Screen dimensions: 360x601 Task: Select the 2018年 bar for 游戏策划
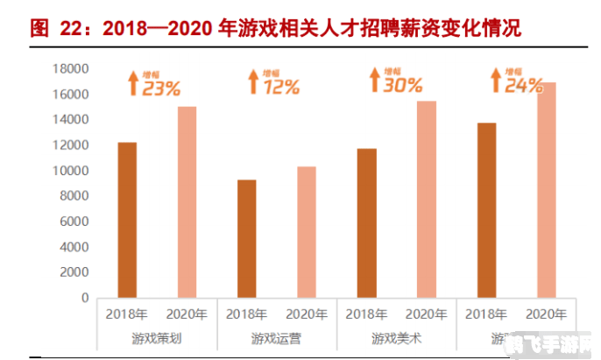(126, 219)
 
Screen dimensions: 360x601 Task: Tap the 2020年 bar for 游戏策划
(187, 201)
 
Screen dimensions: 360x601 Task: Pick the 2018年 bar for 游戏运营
(246, 238)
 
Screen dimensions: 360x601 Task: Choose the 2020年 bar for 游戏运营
(306, 231)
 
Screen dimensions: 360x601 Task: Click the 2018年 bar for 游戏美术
(366, 222)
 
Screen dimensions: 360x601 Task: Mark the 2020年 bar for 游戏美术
(426, 199)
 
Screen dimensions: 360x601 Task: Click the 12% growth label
(282, 86)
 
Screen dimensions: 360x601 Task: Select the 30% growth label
(403, 84)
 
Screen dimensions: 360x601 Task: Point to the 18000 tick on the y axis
(71, 68)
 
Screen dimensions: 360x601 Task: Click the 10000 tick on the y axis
(71, 170)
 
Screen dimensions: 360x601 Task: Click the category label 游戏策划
(156, 336)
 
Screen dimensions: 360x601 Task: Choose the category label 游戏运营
(276, 336)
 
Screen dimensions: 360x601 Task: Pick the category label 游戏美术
(396, 336)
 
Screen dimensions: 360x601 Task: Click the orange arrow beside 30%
(372, 81)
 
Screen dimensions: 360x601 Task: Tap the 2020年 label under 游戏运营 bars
(306, 314)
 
